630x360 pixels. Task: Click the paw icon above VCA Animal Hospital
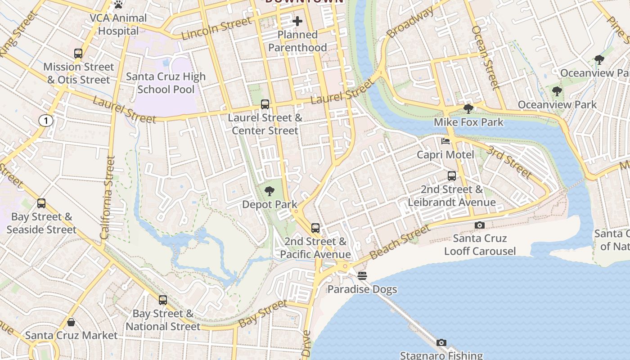point(118,5)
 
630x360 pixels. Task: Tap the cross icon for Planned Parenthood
point(297,21)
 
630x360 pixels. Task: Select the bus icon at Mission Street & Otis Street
point(78,54)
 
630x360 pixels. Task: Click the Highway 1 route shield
point(45,120)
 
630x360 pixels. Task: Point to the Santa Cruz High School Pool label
point(166,83)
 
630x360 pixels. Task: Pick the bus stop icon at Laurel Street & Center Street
point(265,104)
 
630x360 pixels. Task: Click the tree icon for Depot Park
point(270,191)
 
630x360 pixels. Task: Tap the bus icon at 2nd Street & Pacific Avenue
point(315,228)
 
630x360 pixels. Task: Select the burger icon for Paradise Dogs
point(362,275)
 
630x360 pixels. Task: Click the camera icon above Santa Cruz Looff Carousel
point(480,225)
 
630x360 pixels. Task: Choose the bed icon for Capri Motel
point(445,141)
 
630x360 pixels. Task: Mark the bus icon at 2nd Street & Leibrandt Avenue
point(452,176)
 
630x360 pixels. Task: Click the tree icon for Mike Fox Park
point(468,108)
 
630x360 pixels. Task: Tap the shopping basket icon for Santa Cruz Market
point(71,322)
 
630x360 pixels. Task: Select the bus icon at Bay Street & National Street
point(163,300)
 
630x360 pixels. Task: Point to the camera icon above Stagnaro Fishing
point(441,343)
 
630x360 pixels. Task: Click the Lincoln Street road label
point(216,28)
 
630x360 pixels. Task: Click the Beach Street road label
point(400,243)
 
